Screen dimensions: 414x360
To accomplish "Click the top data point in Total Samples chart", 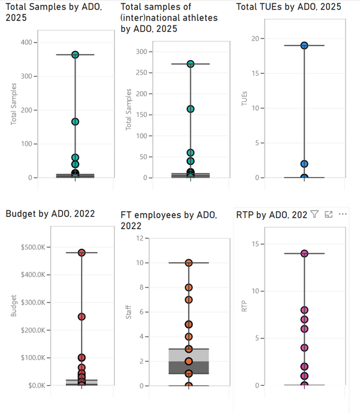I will [76, 55].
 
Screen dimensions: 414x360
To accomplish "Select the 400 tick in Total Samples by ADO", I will [26, 43].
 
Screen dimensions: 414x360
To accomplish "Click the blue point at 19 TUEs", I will [304, 46].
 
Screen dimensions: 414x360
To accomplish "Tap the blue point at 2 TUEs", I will [304, 164].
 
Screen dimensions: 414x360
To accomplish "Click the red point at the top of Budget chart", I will [82, 253].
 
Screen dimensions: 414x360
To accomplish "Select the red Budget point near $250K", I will [82, 316].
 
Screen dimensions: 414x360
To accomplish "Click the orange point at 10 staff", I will [188, 263].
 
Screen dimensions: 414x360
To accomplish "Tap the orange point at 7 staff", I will [188, 299].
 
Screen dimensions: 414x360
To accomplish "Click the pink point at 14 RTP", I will [304, 253].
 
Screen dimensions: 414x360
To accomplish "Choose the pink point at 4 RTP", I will [304, 347].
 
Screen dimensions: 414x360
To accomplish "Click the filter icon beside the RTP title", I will [314, 214].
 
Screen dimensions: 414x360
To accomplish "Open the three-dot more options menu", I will [343, 214].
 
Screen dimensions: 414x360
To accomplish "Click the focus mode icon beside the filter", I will [328, 214].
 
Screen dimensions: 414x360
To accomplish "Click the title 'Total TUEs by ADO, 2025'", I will [289, 7].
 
